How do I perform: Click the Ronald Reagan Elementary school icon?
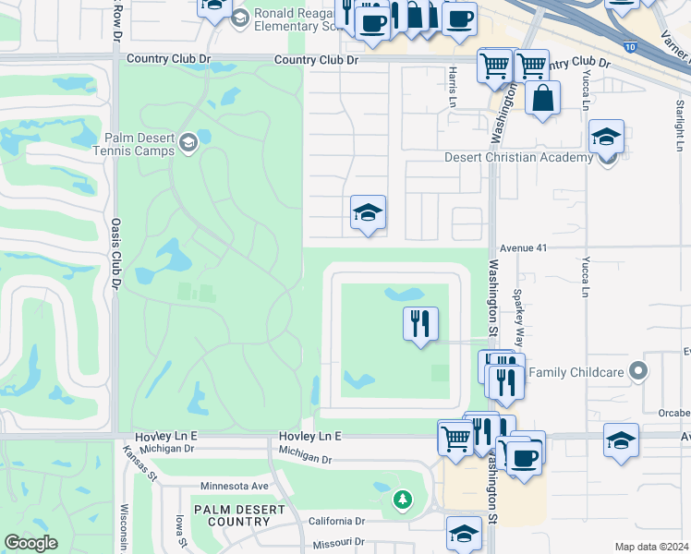(240, 18)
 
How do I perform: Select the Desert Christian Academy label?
(518, 157)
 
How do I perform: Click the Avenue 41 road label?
(524, 247)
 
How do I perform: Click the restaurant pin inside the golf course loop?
(420, 323)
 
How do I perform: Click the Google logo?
(30, 543)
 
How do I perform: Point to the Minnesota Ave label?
(235, 486)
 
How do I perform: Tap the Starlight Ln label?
(679, 121)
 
